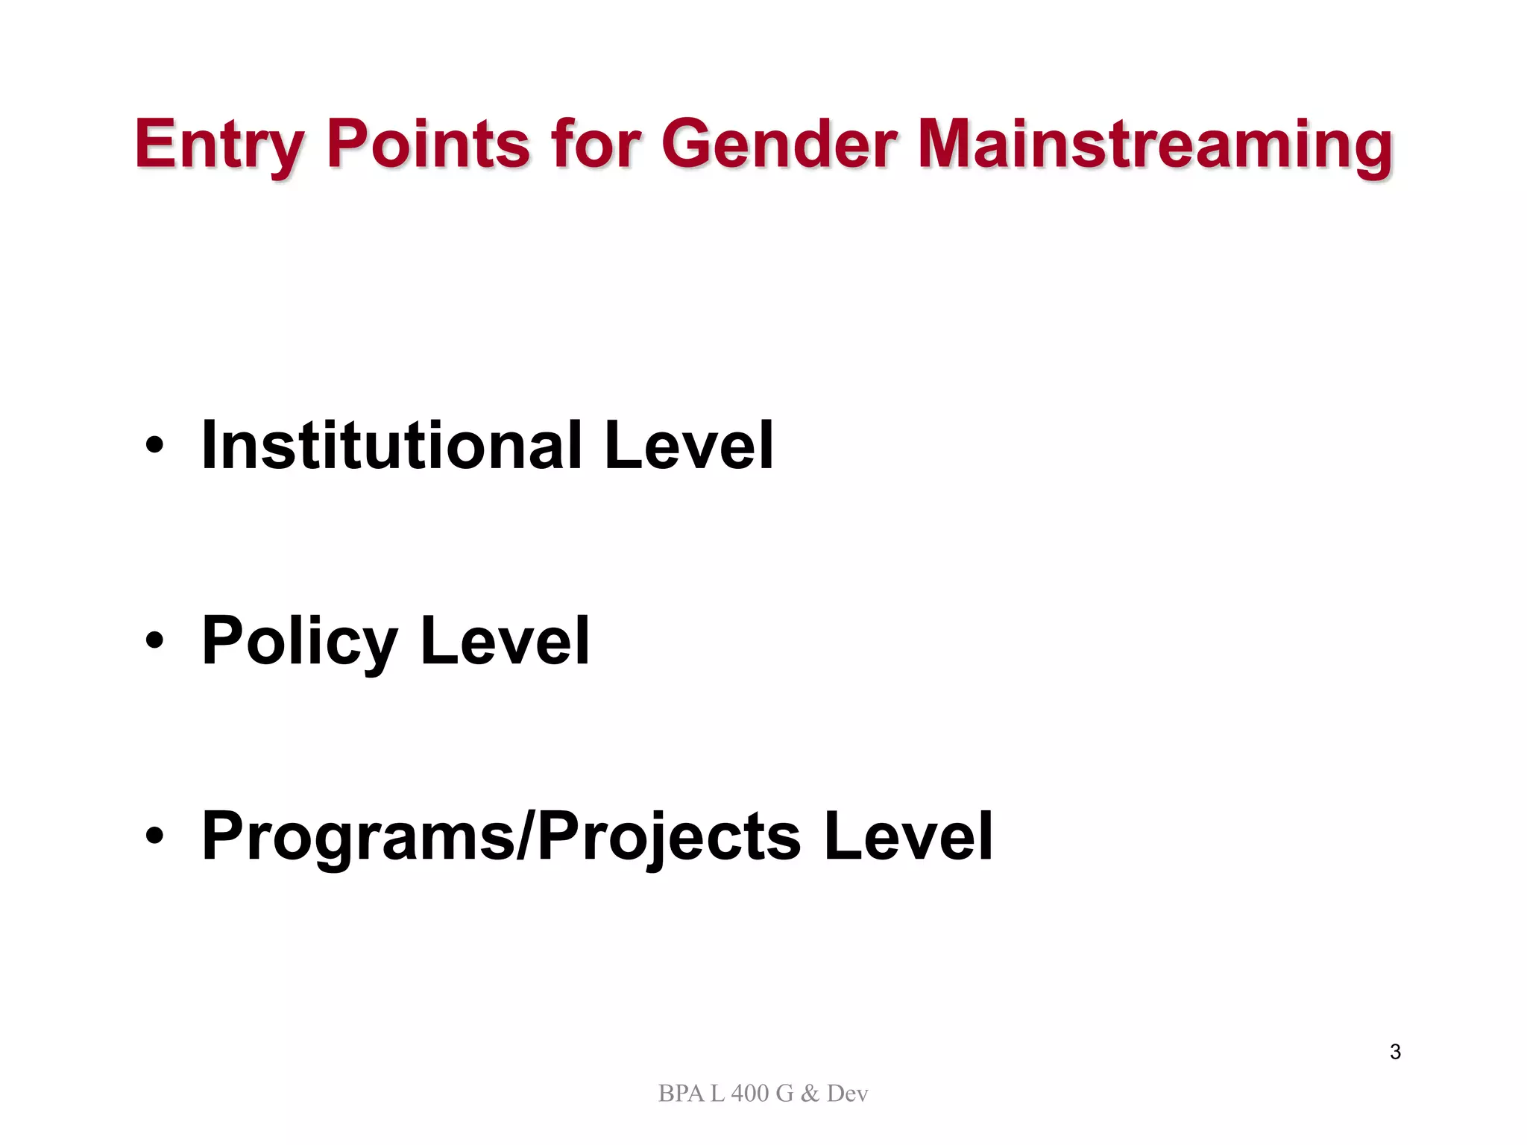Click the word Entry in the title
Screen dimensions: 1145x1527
pyautogui.click(x=219, y=145)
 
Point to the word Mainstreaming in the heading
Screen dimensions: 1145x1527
pyautogui.click(x=1154, y=145)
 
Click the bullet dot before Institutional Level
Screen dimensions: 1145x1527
pyautogui.click(x=154, y=446)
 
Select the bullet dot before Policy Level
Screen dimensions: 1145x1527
pyautogui.click(x=154, y=640)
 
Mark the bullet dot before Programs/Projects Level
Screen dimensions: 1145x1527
pyautogui.click(x=154, y=836)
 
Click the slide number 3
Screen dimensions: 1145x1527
pyautogui.click(x=1395, y=1052)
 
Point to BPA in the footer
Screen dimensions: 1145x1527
pyautogui.click(x=681, y=1094)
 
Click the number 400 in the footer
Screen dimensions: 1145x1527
pyautogui.click(x=749, y=1094)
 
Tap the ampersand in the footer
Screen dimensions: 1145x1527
pyautogui.click(x=810, y=1094)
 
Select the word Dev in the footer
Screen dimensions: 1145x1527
pyautogui.click(x=848, y=1094)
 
